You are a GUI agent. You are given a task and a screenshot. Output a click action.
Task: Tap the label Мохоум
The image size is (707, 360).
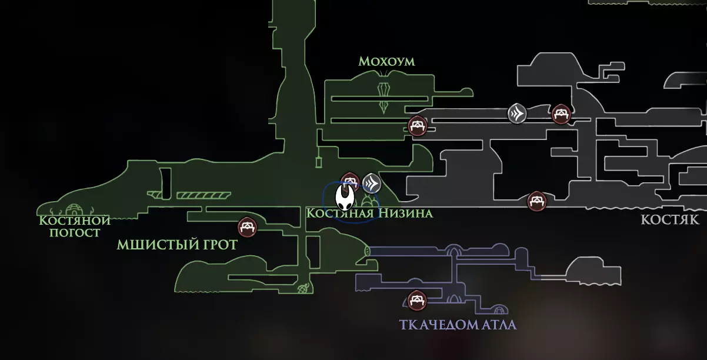[x=386, y=61]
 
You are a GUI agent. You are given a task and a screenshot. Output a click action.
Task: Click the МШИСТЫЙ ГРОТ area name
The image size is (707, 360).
[x=177, y=245]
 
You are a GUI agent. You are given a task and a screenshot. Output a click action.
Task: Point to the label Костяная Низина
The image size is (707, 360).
[x=369, y=213]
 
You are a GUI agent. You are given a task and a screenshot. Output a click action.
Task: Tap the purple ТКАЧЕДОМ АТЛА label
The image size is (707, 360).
[x=458, y=325]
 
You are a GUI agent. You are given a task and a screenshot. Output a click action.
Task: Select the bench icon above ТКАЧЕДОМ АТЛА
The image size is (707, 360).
[x=418, y=301]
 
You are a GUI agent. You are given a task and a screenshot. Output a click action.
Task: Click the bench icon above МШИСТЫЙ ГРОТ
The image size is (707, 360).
[x=246, y=226]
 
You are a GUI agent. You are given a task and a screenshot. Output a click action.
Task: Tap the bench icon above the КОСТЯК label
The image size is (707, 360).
[x=536, y=201]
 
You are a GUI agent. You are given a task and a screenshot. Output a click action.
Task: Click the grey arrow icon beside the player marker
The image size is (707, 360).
[x=371, y=184]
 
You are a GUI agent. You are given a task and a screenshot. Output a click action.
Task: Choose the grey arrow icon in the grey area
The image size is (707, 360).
[x=517, y=113]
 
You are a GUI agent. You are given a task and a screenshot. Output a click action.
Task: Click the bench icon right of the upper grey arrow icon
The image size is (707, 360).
[x=561, y=114]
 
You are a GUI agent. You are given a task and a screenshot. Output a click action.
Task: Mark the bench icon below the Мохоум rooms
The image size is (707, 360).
[x=418, y=126]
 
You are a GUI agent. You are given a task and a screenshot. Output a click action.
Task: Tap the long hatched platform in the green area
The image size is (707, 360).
[x=202, y=195]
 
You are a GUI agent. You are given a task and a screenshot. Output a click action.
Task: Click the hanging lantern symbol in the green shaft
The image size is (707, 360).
[x=319, y=159]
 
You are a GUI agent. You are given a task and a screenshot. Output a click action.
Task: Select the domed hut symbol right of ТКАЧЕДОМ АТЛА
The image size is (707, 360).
[x=499, y=309]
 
